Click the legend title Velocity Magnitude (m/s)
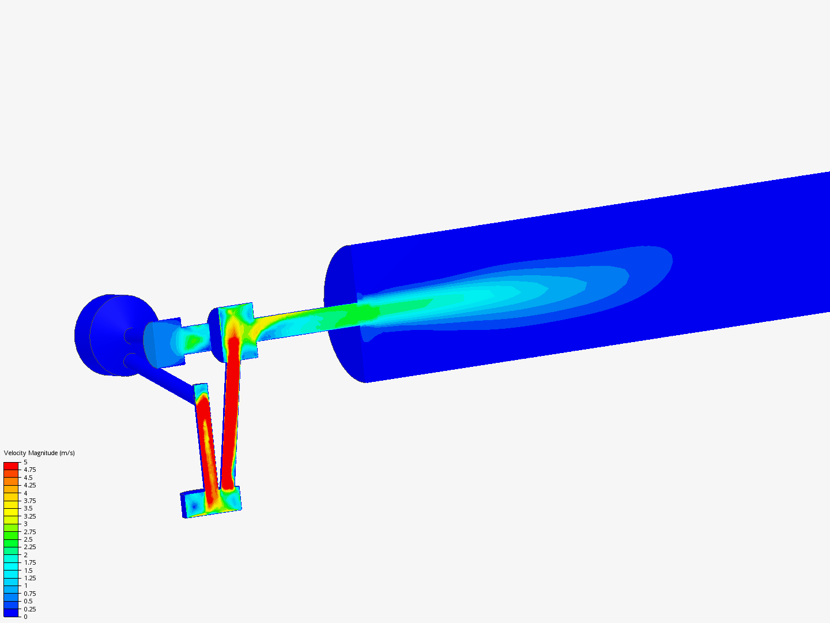[39, 453]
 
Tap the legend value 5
[26, 462]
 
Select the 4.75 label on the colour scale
[30, 470]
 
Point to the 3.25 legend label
[30, 516]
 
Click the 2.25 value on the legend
[30, 547]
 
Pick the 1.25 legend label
[30, 578]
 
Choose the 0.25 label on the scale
[30, 609]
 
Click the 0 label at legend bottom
[26, 617]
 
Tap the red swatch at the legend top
[11, 466]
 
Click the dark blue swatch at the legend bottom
[11, 613]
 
